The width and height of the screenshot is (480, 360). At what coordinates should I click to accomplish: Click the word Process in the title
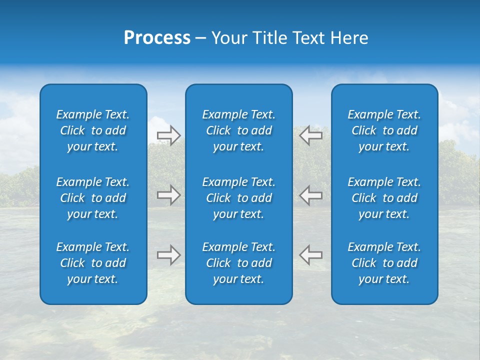click(157, 38)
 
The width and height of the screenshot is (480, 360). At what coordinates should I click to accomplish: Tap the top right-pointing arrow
click(168, 135)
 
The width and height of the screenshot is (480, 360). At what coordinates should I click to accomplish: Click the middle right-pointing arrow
click(168, 195)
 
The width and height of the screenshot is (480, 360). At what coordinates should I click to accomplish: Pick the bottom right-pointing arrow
click(168, 255)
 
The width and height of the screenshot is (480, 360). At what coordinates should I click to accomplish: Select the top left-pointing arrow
click(311, 135)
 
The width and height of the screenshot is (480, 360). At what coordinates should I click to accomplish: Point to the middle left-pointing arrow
click(311, 195)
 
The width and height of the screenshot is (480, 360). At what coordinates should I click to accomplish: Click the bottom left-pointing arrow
click(311, 255)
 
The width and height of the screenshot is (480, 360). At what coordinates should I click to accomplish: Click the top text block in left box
click(93, 130)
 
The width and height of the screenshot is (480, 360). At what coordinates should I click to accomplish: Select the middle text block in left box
click(93, 198)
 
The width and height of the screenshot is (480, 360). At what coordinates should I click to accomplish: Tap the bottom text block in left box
click(93, 263)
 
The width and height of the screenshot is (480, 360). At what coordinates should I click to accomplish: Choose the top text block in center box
click(239, 130)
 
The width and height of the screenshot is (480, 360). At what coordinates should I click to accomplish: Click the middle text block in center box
click(239, 198)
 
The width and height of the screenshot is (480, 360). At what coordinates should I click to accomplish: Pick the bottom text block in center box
click(239, 263)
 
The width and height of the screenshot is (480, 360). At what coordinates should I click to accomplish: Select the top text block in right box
click(384, 130)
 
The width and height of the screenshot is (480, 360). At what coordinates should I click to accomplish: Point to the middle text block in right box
click(384, 198)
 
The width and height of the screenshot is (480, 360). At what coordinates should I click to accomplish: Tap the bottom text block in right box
click(384, 263)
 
